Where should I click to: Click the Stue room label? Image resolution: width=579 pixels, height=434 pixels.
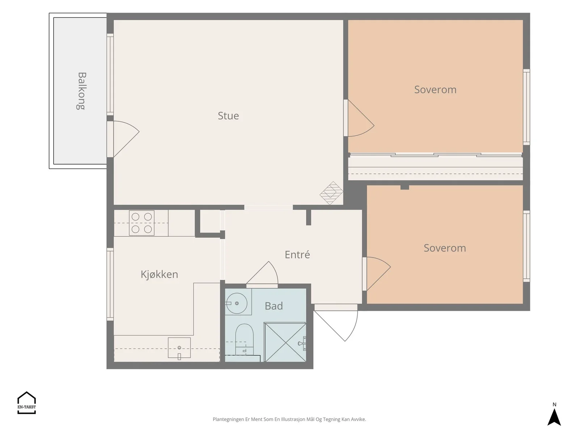[x=228, y=116]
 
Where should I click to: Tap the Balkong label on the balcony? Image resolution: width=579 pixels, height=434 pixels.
[x=81, y=91]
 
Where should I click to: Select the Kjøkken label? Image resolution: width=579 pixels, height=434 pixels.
[x=159, y=274]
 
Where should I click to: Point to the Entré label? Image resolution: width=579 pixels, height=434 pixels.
[x=297, y=254]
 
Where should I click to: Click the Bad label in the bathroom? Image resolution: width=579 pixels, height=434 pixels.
[x=274, y=306]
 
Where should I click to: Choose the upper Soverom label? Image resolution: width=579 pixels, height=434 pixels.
[x=435, y=90]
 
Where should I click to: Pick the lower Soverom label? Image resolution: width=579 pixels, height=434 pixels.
[x=445, y=248]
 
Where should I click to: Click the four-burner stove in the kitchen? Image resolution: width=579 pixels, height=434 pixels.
[x=141, y=223]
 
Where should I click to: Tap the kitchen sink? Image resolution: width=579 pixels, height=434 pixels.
[x=179, y=348]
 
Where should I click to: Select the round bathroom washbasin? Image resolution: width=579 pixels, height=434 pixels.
[x=237, y=303]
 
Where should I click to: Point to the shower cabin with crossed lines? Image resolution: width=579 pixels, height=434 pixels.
[x=285, y=342]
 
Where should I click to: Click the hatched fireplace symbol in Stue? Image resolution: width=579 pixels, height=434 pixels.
[x=331, y=193]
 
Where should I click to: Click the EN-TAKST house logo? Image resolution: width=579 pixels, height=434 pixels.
[x=27, y=403]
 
